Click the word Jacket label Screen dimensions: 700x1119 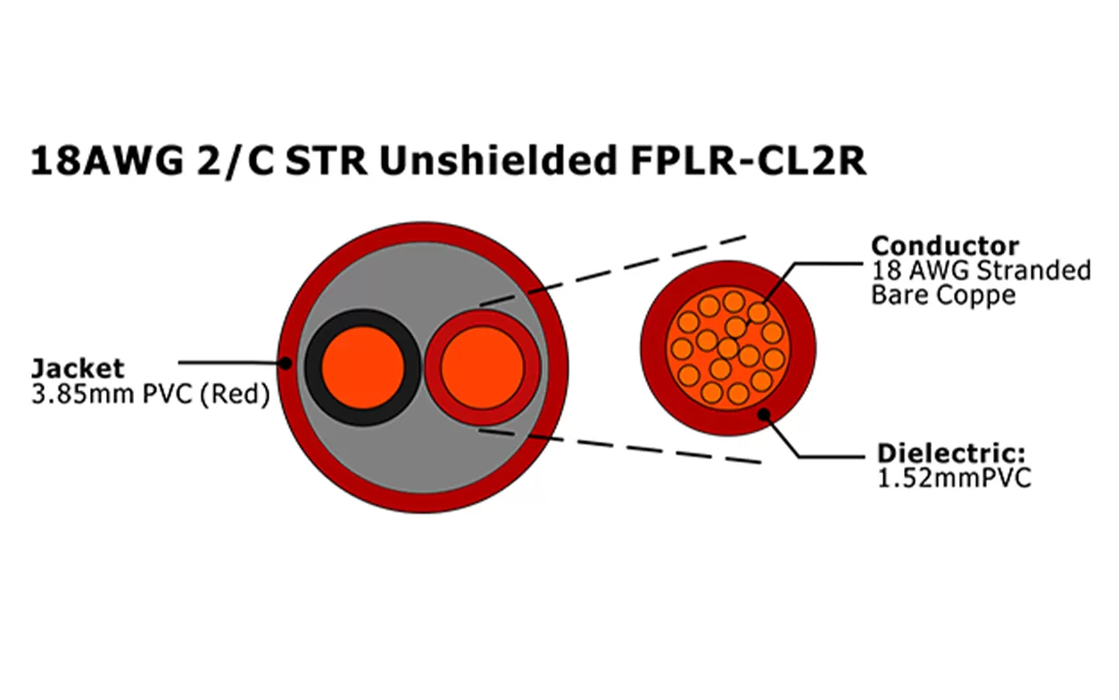tap(78, 368)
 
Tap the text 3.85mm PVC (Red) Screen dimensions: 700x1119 tap(149, 395)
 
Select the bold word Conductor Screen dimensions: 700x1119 tap(945, 246)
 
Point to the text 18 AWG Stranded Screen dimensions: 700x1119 tap(981, 270)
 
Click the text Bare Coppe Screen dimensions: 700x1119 tap(943, 295)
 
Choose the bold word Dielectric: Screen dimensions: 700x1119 tap(950, 454)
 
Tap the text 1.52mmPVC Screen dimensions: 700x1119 tap(954, 479)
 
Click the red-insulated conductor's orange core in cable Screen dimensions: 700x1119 tap(482, 367)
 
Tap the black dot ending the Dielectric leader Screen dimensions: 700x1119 tap(763, 413)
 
